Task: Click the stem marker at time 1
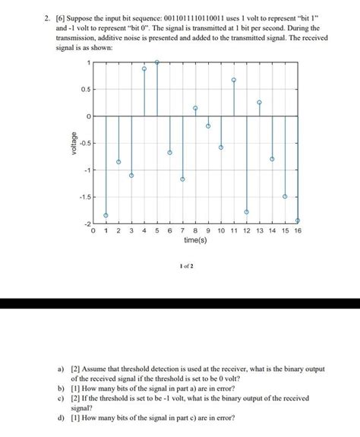(106, 215)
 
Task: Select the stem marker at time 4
(144, 68)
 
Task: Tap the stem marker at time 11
(234, 80)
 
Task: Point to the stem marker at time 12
(247, 211)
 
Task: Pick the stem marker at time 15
(285, 196)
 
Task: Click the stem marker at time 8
(195, 109)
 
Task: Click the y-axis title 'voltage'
(74, 144)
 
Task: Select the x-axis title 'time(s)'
(195, 240)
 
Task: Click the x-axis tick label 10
(221, 230)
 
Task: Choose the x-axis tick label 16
(298, 230)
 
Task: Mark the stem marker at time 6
(170, 153)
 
